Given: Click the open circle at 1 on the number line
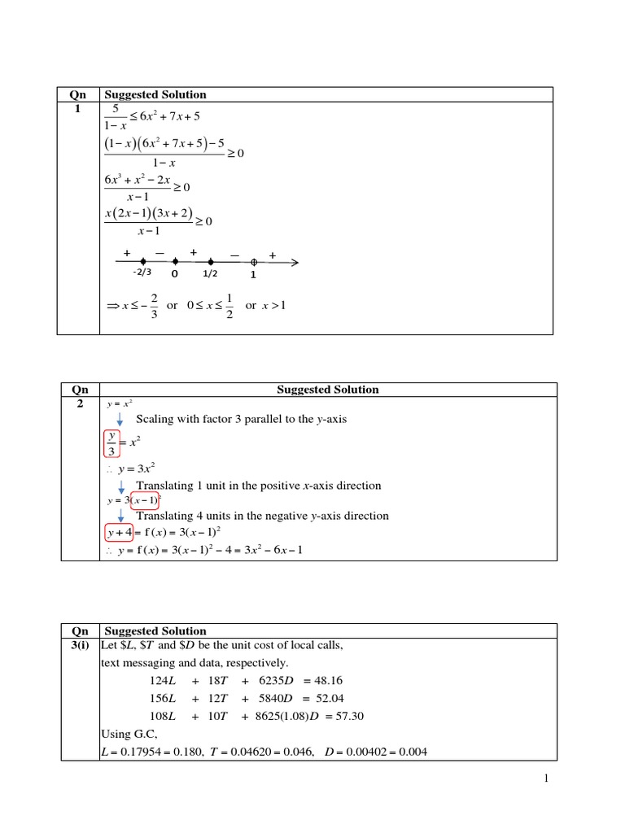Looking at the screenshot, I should coord(254,262).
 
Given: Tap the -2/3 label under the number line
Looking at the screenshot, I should coord(142,275).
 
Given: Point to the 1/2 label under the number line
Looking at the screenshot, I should coord(211,275).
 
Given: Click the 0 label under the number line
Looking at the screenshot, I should coord(173,276).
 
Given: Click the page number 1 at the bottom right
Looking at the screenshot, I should coord(548,779).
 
